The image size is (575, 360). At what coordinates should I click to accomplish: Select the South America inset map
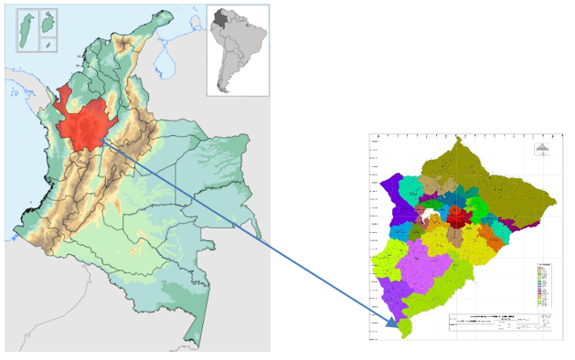(238, 49)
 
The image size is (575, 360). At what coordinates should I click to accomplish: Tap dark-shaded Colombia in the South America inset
(220, 17)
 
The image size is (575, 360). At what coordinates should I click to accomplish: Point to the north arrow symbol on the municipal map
(541, 152)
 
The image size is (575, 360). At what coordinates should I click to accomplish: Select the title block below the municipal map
(498, 323)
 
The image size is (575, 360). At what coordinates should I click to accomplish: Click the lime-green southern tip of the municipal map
(404, 327)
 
